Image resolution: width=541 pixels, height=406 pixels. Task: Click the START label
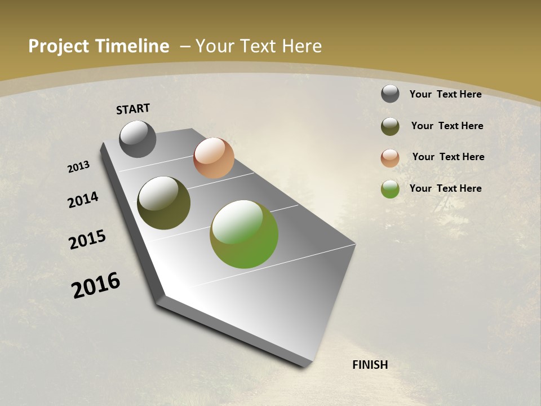point(133,109)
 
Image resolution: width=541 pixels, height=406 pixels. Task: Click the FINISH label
point(370,365)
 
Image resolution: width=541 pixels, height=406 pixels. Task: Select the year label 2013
point(78,167)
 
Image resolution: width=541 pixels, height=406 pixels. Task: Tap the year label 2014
point(83,200)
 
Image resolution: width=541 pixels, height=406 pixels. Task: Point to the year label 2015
point(87,240)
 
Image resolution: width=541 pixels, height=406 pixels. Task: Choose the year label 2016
point(96,285)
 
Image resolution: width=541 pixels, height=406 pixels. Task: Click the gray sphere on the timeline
point(138,139)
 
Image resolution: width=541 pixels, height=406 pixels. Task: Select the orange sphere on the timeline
point(214,158)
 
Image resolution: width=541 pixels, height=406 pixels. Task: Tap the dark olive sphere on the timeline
point(164,203)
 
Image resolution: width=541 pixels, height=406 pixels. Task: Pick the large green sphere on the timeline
point(244,234)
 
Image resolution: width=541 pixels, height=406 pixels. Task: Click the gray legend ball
point(390,94)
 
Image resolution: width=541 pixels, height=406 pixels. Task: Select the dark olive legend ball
point(390,126)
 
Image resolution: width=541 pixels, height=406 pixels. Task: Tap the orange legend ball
point(390,158)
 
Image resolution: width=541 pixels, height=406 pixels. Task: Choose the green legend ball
point(390,189)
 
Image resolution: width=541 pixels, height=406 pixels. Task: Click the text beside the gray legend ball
point(445,94)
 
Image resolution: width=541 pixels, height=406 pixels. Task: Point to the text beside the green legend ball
point(445,188)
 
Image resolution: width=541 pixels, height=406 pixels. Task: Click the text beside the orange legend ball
point(448,157)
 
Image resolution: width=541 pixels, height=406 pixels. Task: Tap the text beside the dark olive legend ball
point(447,126)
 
